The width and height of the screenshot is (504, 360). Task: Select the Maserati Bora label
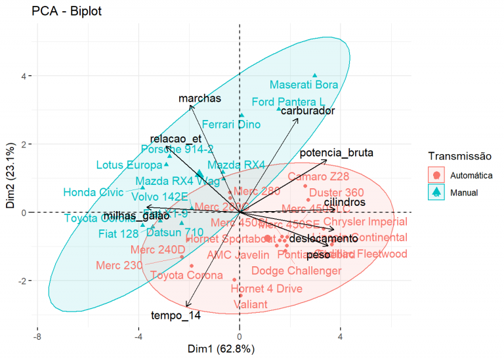coord(304,85)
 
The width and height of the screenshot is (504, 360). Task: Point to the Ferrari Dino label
coord(231,123)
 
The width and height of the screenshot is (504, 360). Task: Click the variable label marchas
coord(199,98)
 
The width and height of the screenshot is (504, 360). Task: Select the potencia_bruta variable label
coord(337,153)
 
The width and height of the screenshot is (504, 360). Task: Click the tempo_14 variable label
coord(176,315)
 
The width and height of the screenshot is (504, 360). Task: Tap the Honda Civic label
coord(93,192)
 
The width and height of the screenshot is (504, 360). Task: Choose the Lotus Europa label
coord(129,165)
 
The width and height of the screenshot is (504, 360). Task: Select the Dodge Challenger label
coord(297,270)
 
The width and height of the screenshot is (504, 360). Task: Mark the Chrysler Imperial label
coord(366,222)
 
